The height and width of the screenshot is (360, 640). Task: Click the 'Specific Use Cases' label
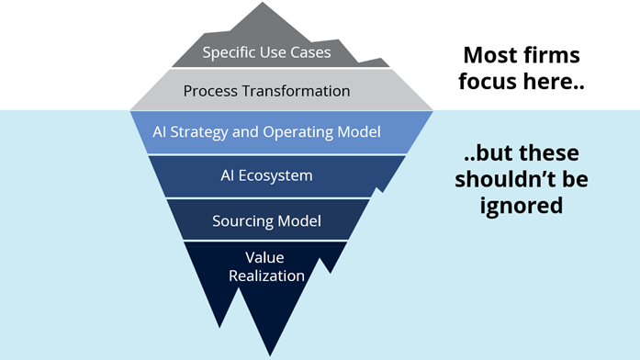[x=266, y=51]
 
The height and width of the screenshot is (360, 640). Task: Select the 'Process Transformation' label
[x=266, y=91]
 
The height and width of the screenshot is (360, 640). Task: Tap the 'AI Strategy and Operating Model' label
[x=266, y=132]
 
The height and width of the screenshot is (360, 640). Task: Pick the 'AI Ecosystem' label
[x=266, y=174]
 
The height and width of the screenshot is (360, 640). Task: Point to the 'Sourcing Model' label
[x=266, y=220]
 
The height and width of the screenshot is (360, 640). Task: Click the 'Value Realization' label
[x=269, y=264]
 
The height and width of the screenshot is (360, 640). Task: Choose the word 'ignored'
[x=522, y=206]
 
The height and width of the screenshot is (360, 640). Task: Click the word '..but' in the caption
[x=476, y=152]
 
